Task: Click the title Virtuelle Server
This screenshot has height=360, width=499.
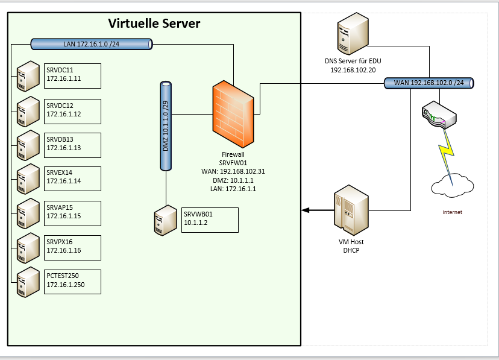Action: [x=154, y=24]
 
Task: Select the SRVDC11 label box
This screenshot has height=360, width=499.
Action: [x=72, y=75]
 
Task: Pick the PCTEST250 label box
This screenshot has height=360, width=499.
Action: [x=72, y=282]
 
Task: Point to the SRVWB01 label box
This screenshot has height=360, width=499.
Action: [x=210, y=219]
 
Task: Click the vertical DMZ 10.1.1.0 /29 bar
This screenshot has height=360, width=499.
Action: [x=166, y=126]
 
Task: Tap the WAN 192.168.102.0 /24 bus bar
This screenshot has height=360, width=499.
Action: [x=428, y=82]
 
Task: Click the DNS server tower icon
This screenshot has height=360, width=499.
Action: [x=353, y=36]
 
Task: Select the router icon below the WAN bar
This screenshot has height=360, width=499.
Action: [x=435, y=114]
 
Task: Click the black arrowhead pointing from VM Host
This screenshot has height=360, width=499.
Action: [x=306, y=210]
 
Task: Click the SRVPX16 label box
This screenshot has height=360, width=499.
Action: [x=72, y=247]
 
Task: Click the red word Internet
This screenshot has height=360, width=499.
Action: [x=452, y=212]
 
